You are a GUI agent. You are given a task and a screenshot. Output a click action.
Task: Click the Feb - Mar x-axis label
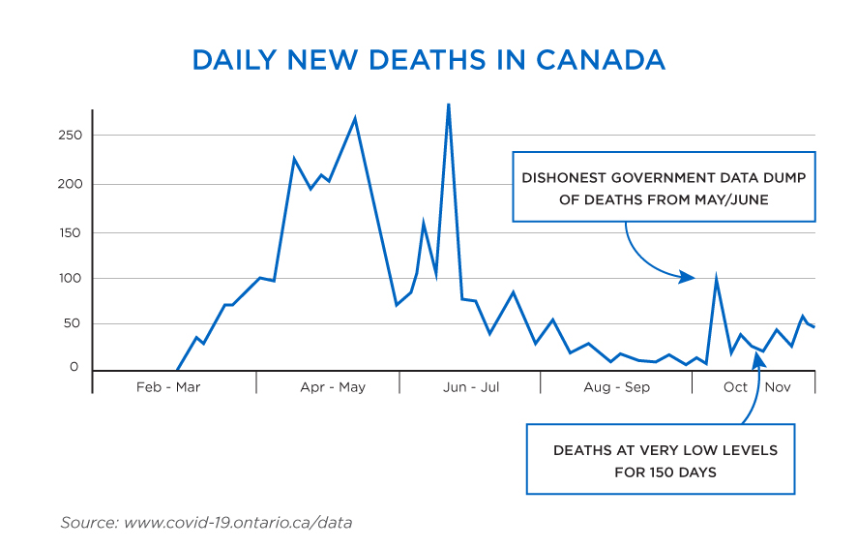coord(168,387)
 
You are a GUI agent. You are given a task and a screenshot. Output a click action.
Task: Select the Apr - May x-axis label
coord(333,387)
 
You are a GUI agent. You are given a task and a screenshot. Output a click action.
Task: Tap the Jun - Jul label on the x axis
coord(471,387)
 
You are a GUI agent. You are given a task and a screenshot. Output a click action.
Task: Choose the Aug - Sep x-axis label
coord(617,387)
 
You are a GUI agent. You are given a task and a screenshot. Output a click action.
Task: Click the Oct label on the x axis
coord(735,387)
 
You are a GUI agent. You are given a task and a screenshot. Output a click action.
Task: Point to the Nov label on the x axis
coord(779,387)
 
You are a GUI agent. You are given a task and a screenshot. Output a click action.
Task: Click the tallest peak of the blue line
coord(448,105)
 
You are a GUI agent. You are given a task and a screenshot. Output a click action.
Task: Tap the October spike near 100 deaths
coord(716,280)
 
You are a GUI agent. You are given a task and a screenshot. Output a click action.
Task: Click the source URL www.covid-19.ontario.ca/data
coord(238,523)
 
